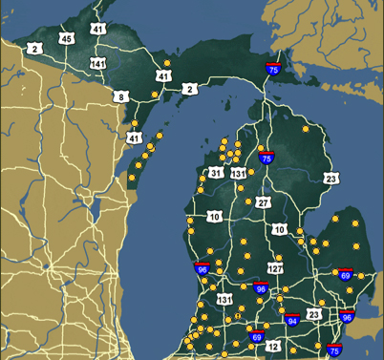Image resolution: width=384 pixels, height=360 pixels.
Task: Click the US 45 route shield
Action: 66,39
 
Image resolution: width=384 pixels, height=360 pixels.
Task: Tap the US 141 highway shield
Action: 97,62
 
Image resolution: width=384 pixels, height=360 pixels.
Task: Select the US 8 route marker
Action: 121,96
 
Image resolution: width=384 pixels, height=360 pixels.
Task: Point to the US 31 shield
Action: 217,173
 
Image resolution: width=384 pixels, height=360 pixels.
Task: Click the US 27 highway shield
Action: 263,202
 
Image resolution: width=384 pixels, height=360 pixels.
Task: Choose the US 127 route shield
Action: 275,269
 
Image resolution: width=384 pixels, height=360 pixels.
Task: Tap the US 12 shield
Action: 273,347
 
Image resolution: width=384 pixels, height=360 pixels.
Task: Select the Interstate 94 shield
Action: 292,319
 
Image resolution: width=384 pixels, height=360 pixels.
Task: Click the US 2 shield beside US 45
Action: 35,48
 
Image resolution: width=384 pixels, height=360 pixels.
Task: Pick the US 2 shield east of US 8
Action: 189,89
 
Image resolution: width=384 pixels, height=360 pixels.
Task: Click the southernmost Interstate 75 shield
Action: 334,349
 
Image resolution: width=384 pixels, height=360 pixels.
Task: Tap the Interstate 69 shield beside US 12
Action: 256,335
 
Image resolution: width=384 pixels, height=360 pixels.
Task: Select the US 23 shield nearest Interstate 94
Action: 313,315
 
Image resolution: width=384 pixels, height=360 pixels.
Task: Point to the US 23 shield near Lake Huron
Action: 331,179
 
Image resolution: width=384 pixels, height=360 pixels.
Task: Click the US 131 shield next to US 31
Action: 238,173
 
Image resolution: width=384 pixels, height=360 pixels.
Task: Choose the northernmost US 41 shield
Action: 98,30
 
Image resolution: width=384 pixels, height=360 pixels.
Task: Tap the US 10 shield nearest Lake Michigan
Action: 213,217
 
